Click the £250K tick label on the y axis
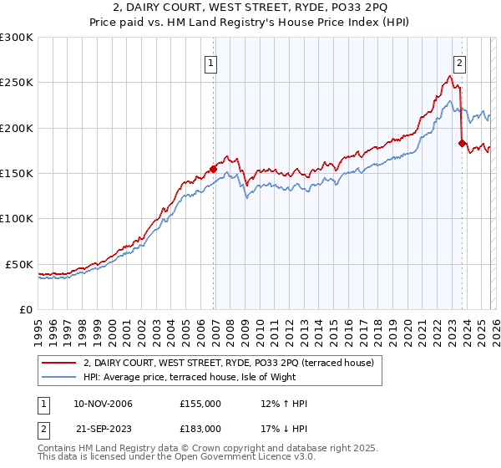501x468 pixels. coord(17,83)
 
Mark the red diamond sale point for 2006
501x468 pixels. coord(213,169)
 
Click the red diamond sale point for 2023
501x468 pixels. coord(462,143)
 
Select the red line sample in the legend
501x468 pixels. coord(58,362)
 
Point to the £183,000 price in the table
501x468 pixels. coord(200,428)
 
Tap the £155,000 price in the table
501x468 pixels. coord(200,404)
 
